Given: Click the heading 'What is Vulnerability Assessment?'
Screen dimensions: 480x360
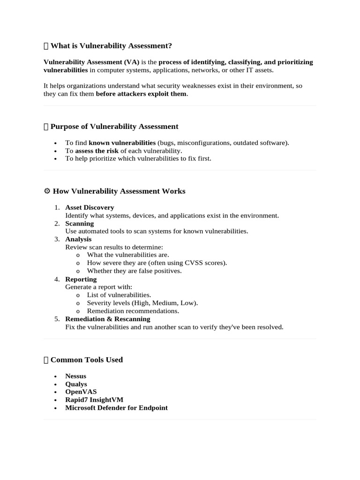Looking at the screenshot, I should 111,45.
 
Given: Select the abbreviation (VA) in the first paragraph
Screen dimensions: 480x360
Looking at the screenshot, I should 132,62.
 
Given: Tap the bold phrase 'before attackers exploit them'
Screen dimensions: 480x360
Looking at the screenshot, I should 141,94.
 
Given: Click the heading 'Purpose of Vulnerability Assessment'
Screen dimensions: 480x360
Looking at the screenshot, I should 114,127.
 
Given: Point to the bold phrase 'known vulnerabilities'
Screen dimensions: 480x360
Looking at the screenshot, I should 122,142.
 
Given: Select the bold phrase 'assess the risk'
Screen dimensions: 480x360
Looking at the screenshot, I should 97,150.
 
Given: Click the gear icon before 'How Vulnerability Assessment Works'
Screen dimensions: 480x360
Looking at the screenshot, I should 46,191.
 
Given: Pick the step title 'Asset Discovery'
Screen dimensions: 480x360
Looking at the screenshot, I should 90,207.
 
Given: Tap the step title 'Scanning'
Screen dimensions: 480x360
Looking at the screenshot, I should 79,224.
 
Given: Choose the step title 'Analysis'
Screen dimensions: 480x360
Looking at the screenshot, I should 78,239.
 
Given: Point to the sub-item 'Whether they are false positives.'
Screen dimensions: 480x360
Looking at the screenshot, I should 134,271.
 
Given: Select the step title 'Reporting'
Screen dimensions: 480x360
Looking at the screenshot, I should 81,279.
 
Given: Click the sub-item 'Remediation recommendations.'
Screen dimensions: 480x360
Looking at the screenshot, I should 133,311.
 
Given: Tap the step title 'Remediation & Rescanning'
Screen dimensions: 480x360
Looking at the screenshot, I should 107,319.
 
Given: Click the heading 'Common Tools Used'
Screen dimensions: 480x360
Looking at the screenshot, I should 86,360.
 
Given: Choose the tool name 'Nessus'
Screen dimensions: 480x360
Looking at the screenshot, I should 75,376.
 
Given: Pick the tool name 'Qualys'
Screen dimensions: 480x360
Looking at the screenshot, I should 76,384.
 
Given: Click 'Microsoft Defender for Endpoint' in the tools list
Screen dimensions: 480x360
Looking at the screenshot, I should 116,408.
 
